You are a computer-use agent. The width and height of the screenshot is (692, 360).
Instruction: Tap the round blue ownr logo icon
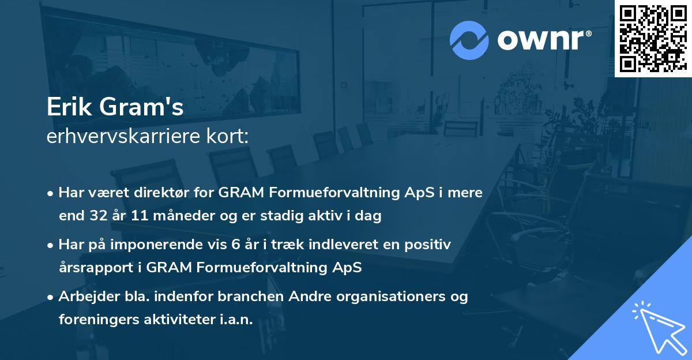[x=469, y=40]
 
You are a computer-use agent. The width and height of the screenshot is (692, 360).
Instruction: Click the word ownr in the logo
[x=543, y=40]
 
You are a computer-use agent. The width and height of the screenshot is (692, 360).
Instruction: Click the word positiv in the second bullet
[x=427, y=245]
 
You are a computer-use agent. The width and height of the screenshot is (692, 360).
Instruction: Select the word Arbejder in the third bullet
[x=84, y=297]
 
